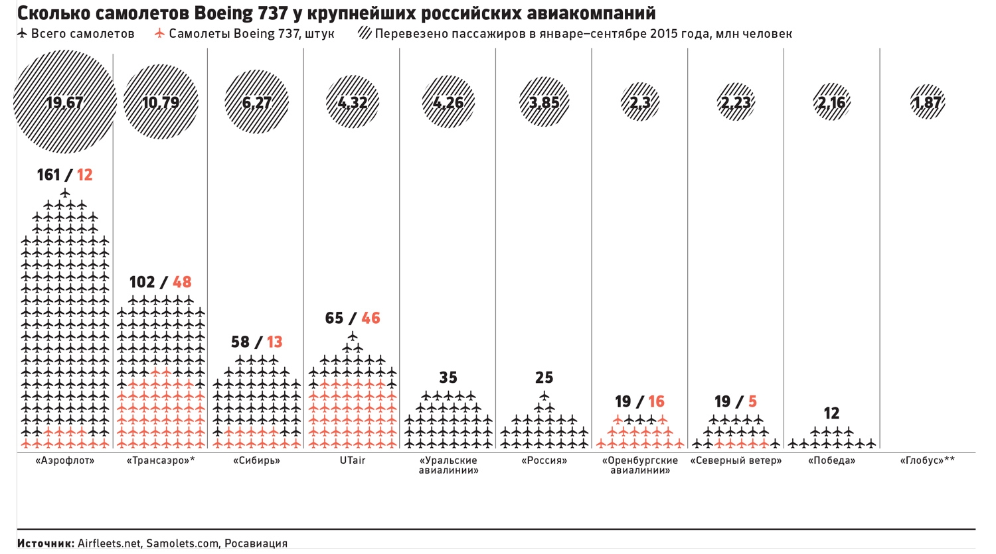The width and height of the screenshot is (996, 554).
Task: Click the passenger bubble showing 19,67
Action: (x=64, y=102)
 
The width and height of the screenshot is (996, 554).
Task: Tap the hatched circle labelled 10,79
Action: (x=161, y=102)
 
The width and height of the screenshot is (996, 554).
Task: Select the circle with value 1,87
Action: (x=928, y=102)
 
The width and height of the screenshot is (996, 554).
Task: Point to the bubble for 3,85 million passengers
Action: (x=544, y=102)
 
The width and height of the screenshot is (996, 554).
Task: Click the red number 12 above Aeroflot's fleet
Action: (x=84, y=175)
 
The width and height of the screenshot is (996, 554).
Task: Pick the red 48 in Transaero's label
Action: (x=182, y=283)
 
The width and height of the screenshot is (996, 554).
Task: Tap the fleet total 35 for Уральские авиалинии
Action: (x=448, y=378)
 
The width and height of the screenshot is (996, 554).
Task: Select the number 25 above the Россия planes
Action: (x=544, y=378)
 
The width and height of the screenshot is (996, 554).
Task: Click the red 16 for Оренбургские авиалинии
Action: (x=656, y=402)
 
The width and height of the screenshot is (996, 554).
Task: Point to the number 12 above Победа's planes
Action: (x=831, y=414)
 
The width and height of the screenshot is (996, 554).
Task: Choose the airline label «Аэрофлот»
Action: (x=64, y=460)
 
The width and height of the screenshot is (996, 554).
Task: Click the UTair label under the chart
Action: (x=352, y=460)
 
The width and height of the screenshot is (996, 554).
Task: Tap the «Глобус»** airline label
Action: (x=928, y=460)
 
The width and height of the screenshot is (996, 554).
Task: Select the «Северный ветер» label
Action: (x=736, y=460)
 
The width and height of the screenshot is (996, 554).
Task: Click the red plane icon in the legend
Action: (x=159, y=33)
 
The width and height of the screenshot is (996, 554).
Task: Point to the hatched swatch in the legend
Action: (x=365, y=33)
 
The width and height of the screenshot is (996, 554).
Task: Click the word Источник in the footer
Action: (x=45, y=543)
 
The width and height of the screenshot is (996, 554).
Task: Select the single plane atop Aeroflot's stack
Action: (x=64, y=193)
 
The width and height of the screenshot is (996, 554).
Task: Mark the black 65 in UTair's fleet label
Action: (x=334, y=318)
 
